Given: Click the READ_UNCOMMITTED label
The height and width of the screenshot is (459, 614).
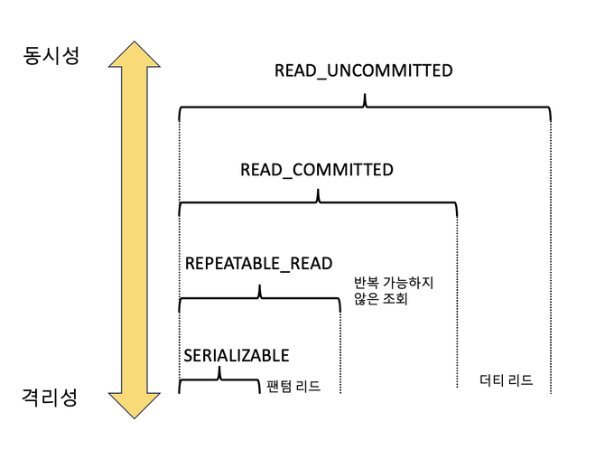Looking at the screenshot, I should [363, 70].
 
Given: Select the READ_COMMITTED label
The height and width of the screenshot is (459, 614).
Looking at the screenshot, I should [316, 170].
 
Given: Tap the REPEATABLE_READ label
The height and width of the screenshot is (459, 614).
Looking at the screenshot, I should [258, 264].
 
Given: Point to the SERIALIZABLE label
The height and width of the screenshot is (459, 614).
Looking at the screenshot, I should [237, 355].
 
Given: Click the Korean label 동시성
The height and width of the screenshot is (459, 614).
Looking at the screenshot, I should [51, 55].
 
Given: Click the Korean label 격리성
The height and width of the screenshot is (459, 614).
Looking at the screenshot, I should [51, 397].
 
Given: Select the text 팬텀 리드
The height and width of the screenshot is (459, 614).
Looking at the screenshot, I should [293, 387].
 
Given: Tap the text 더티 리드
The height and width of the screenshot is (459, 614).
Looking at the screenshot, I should [506, 380].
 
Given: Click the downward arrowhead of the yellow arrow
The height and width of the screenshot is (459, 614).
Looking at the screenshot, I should [134, 401].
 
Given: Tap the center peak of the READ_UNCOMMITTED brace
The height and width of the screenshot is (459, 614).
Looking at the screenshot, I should [364, 100].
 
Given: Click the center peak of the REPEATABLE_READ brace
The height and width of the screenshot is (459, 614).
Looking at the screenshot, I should [260, 290].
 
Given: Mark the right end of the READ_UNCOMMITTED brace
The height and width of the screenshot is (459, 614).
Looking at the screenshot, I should [549, 116].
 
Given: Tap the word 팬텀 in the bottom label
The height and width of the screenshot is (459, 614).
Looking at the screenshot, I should [280, 387].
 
